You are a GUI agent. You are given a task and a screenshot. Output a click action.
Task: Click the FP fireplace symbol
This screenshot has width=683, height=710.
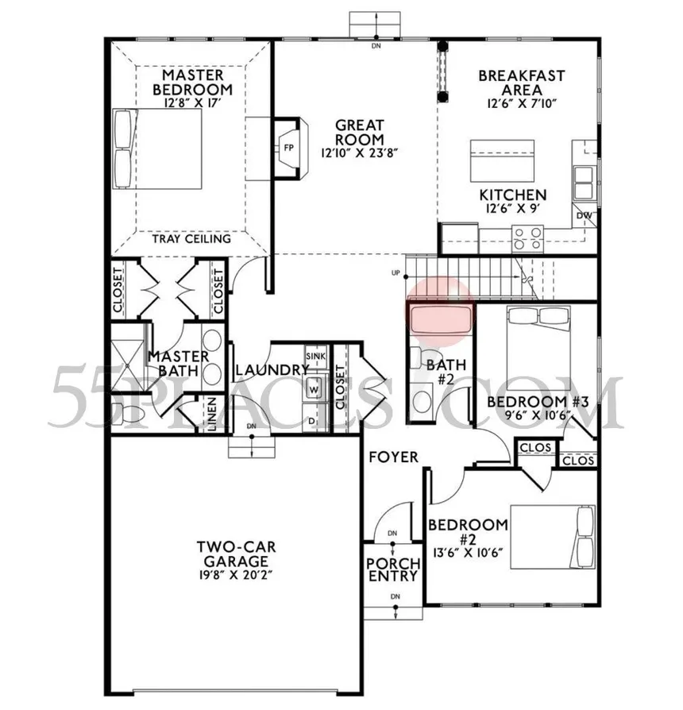coord(289,148)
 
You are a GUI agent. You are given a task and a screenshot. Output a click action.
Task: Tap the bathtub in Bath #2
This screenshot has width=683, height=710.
coord(440,320)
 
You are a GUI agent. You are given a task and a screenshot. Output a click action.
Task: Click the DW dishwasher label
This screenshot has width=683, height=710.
coord(584,215)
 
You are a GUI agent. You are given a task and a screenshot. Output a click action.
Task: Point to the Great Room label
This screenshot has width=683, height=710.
coord(360,132)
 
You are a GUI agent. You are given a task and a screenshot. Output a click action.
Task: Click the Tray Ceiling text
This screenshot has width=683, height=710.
coord(191,238)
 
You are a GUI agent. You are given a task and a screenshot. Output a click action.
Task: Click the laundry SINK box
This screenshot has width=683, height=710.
coord(315,357)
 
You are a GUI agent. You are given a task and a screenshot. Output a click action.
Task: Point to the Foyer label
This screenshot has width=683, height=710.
coord(394,457)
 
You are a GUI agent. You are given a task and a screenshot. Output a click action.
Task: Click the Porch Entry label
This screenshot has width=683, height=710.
coord(393,569)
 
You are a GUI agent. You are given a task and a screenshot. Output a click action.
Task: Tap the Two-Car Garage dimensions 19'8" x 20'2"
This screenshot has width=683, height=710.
coord(235,576)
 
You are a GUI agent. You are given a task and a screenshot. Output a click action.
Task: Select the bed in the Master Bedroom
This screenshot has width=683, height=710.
coord(157,149)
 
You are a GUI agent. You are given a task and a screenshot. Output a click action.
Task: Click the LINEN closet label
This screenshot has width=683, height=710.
coord(212,413)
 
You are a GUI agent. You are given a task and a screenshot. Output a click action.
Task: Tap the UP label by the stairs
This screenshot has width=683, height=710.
coord(396,273)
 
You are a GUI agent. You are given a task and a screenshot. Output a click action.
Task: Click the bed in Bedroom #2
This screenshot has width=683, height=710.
coord(553,537)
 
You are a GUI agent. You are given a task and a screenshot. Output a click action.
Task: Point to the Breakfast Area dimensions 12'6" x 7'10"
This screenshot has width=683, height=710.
coord(521,103)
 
